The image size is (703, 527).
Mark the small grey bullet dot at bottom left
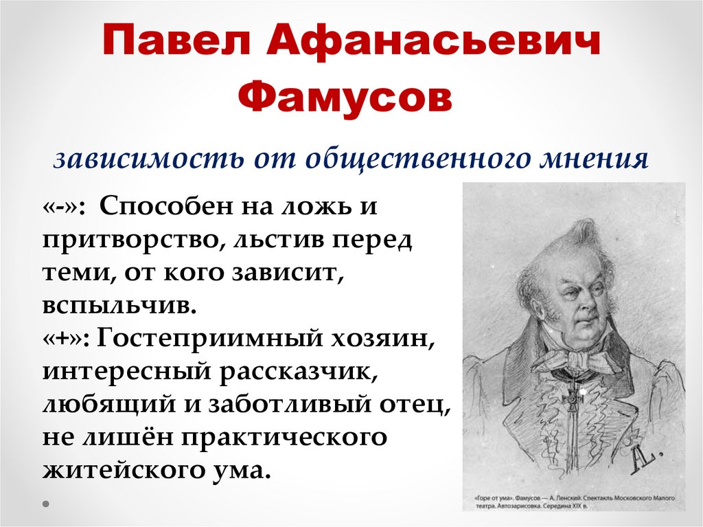point(46,503)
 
